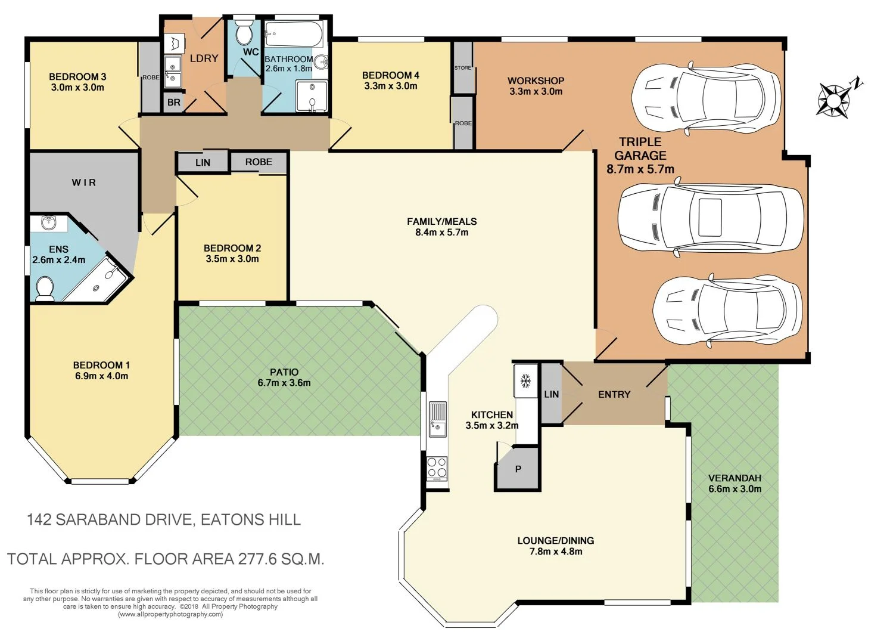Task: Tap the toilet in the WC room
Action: click(244, 33)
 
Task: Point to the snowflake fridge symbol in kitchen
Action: click(525, 380)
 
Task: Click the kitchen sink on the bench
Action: click(437, 419)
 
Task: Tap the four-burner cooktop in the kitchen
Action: click(437, 468)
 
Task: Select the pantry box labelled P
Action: click(518, 469)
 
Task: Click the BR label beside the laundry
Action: click(173, 103)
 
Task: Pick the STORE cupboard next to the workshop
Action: click(463, 67)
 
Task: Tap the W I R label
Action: click(83, 182)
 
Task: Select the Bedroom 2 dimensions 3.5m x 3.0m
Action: click(232, 259)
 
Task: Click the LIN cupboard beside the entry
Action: click(551, 394)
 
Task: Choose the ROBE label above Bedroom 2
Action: click(259, 162)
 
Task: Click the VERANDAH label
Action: click(735, 478)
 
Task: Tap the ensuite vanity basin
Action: click(49, 223)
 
